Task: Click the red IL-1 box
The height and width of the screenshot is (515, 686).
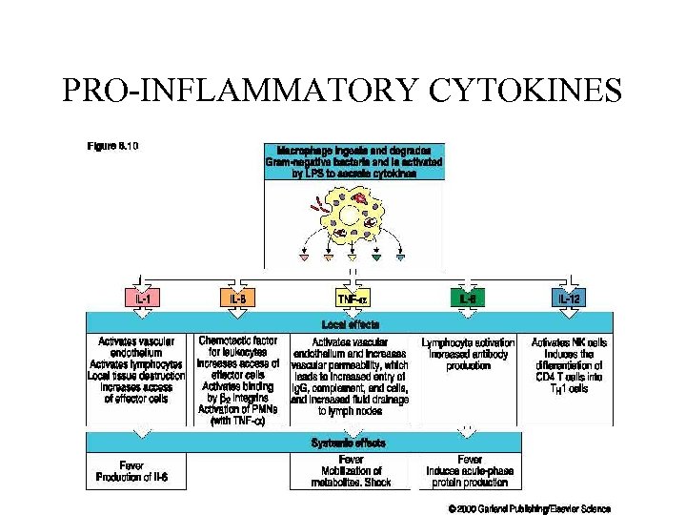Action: tap(142, 299)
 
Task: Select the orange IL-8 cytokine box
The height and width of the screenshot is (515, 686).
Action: tap(238, 299)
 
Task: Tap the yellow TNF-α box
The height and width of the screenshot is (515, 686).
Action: tap(353, 299)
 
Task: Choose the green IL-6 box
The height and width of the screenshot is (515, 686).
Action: tap(469, 299)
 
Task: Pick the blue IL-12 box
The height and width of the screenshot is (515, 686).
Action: tap(569, 299)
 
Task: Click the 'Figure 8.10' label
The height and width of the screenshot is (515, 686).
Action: tap(113, 146)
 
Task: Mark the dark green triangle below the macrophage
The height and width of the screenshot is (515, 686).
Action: tap(376, 257)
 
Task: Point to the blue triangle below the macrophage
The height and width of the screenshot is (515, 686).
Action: tap(400, 257)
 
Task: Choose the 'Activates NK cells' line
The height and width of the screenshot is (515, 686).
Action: tap(569, 341)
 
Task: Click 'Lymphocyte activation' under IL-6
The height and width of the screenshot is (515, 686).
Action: tap(469, 341)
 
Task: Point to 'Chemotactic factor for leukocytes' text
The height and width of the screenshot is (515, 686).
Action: tap(238, 346)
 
